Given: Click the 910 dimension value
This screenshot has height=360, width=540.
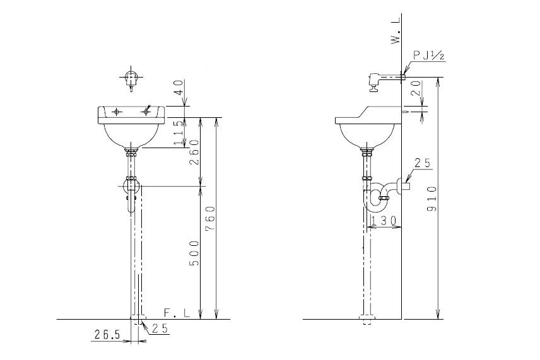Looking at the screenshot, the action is [433, 199].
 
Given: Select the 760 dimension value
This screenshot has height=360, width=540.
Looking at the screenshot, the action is [211, 219].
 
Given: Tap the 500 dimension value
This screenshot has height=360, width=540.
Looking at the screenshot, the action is [194, 253].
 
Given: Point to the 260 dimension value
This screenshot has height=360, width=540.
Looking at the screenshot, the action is [194, 152].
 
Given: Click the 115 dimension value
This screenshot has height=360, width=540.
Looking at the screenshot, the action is [179, 132].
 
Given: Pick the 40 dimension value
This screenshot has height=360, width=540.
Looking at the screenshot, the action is [179, 88].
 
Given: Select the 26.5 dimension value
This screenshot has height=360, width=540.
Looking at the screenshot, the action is [107, 335].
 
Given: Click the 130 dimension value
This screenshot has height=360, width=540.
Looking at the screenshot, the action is [384, 220].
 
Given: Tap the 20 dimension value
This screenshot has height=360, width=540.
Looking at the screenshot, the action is [416, 88].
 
